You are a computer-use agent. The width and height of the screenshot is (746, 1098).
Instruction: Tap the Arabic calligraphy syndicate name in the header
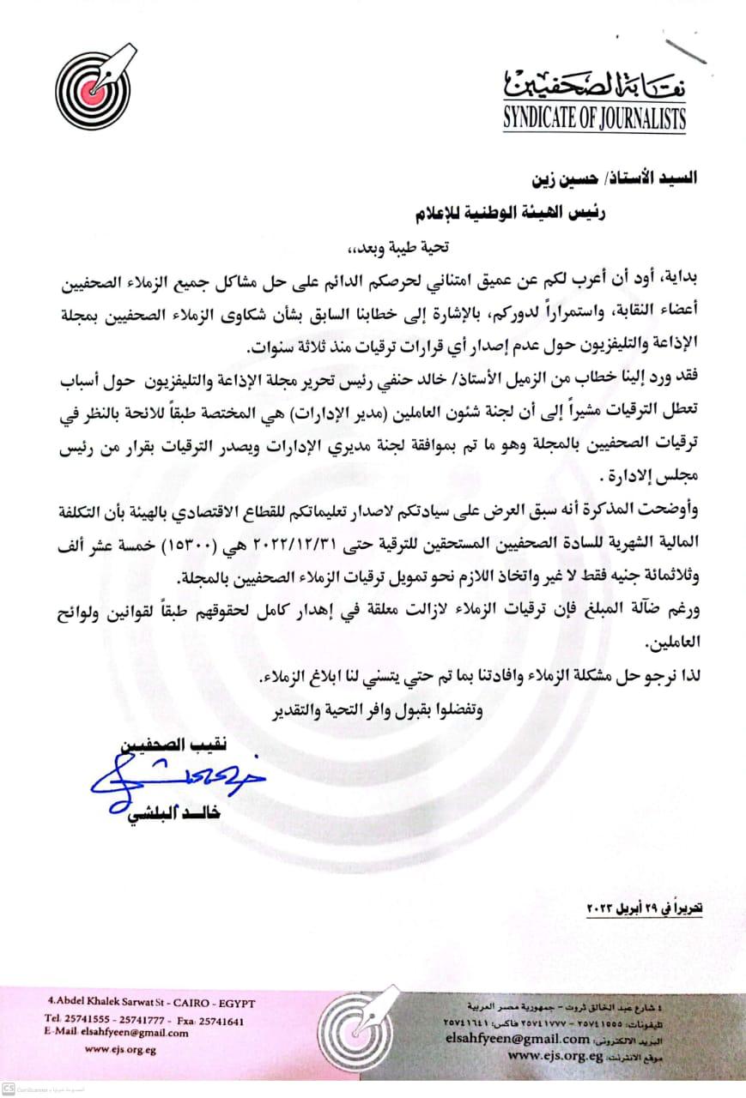(594, 84)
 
